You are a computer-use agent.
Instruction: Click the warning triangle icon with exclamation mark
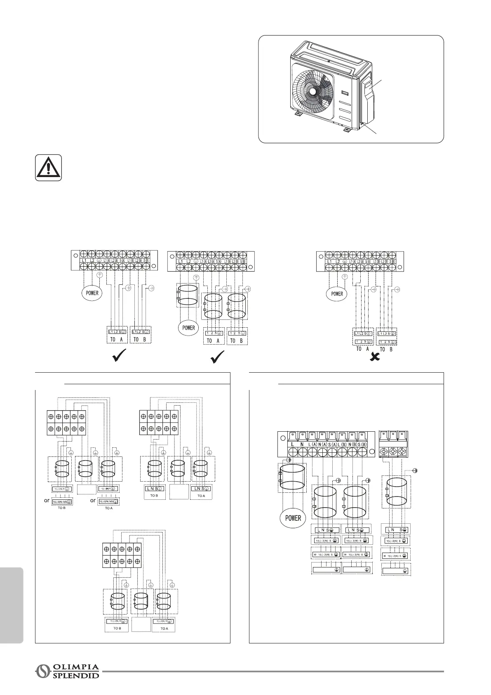[48, 168]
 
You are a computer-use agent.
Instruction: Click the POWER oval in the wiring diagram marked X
[337, 294]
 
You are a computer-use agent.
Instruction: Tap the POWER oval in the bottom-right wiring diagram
[293, 518]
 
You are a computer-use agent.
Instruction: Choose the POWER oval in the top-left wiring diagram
[92, 293]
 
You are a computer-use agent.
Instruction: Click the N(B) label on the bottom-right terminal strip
[352, 444]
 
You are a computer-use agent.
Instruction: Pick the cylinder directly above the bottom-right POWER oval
[292, 477]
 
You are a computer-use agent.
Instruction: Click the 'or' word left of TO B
[47, 500]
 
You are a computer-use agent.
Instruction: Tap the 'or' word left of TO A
[93, 500]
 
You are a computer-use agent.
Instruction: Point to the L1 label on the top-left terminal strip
[84, 261]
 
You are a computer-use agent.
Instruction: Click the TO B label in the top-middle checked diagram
[237, 340]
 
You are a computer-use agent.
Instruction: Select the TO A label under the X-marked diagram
[362, 349]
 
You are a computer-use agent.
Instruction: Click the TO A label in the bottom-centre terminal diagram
[164, 640]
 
